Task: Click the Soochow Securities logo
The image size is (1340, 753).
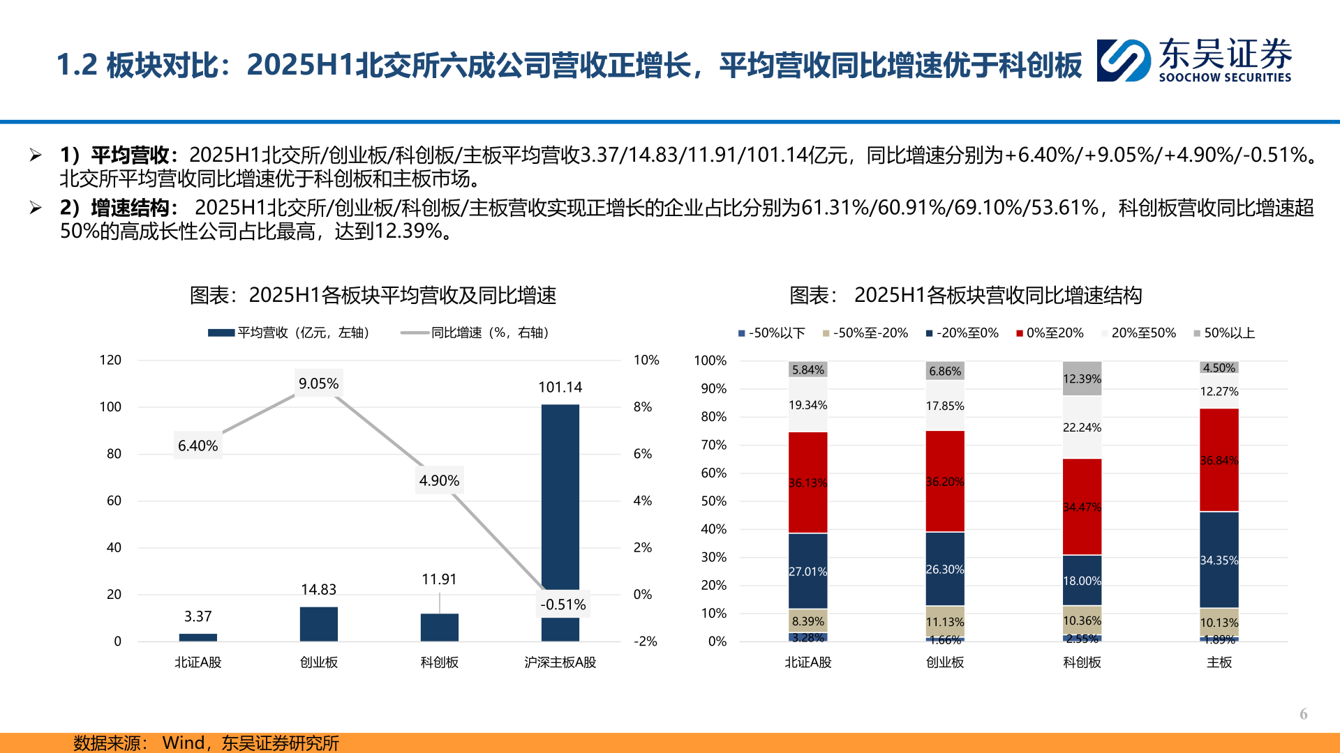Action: (x=1193, y=61)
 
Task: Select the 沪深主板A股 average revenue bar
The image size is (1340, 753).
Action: (x=560, y=502)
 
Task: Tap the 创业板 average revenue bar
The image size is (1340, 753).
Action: (x=318, y=624)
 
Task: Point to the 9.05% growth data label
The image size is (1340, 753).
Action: (x=318, y=383)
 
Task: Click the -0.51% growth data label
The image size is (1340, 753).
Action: (x=563, y=604)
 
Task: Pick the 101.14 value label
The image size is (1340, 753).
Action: (x=560, y=387)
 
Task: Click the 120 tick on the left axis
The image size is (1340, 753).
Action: (x=110, y=360)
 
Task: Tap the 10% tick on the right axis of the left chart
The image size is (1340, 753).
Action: (x=646, y=360)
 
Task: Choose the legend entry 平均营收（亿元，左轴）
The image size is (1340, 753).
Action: (x=289, y=333)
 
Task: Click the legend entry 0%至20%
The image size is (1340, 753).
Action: (x=1050, y=333)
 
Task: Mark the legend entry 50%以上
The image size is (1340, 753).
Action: (x=1224, y=333)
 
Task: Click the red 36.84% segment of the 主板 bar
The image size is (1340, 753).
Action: (x=1219, y=460)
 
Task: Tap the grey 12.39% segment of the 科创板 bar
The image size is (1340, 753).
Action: (x=1082, y=379)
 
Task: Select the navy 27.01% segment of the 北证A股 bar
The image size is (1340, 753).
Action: (x=807, y=571)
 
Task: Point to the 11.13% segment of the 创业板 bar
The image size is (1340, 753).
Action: (x=945, y=621)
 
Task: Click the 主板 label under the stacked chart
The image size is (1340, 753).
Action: (x=1219, y=662)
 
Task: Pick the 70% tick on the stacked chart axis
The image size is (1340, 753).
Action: (x=713, y=445)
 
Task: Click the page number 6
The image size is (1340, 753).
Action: (x=1303, y=714)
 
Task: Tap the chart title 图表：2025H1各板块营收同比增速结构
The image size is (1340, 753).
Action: (x=965, y=296)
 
